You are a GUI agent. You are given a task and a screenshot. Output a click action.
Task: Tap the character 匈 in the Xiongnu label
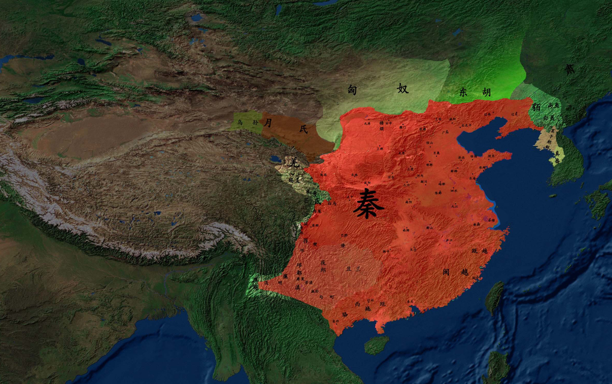tap(353, 90)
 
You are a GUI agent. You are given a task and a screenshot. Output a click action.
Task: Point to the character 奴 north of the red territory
tap(402, 88)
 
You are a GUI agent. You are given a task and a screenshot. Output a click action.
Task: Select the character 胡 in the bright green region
tap(486, 93)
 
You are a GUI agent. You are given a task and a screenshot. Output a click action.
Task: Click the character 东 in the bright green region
tap(463, 93)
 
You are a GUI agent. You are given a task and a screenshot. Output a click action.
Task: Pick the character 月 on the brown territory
tap(268, 122)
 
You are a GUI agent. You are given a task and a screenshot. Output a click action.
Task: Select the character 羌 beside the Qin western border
tap(294, 163)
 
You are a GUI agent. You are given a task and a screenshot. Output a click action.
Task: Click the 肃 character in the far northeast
tap(569, 69)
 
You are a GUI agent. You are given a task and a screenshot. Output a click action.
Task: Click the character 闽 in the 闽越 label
tap(446, 272)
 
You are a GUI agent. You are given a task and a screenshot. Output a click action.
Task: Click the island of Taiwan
tap(494, 298)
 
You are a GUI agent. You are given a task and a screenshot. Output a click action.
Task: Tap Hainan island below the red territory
tap(376, 344)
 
